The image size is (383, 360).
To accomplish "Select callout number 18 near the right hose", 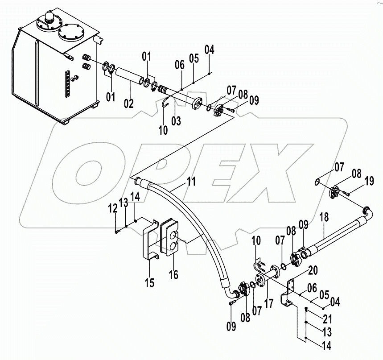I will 324,219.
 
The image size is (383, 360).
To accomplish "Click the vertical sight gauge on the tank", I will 67,83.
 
